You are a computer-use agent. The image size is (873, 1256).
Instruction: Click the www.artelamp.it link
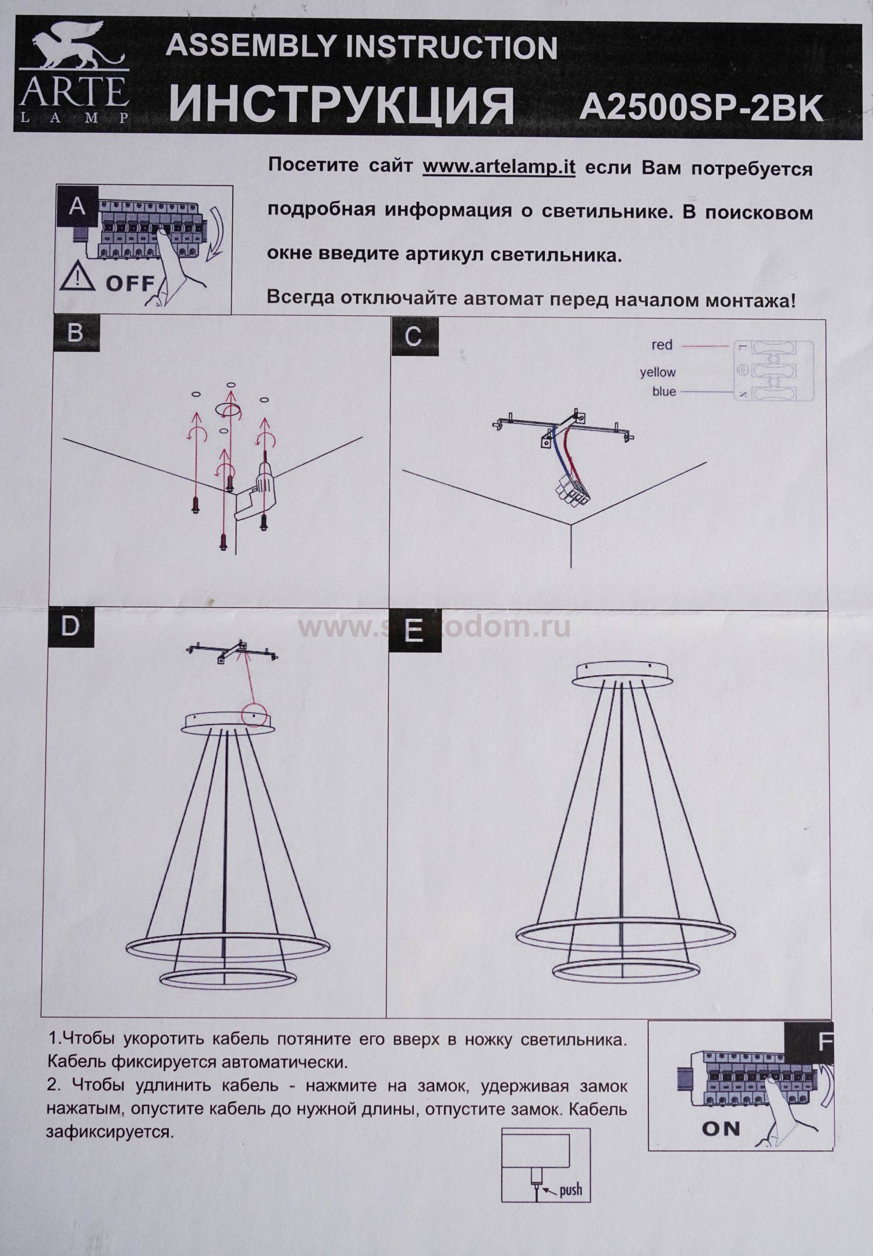pos(499,167)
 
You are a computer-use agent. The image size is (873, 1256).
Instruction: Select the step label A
pos(76,206)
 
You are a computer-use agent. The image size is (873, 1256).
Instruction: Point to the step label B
pos(75,334)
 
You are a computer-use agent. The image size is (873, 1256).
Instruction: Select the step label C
pos(413,336)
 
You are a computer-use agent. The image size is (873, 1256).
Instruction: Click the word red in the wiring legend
pos(662,345)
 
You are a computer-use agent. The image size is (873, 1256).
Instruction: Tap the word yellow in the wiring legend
pos(658,372)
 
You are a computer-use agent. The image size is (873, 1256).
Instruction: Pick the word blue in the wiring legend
pos(664,391)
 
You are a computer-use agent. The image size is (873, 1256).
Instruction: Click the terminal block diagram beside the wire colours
pos(773,370)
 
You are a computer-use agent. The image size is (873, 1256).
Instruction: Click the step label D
pos(70,626)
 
